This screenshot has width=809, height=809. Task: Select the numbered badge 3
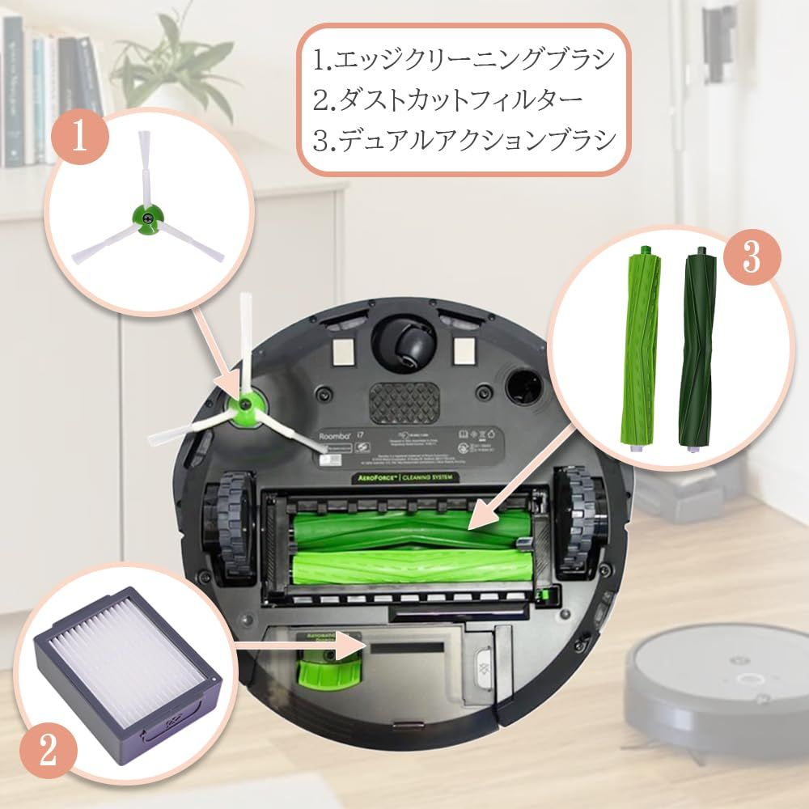click(752, 259)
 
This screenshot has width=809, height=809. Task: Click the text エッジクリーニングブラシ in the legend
click(464, 60)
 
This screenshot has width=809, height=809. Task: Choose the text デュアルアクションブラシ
click(464, 140)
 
